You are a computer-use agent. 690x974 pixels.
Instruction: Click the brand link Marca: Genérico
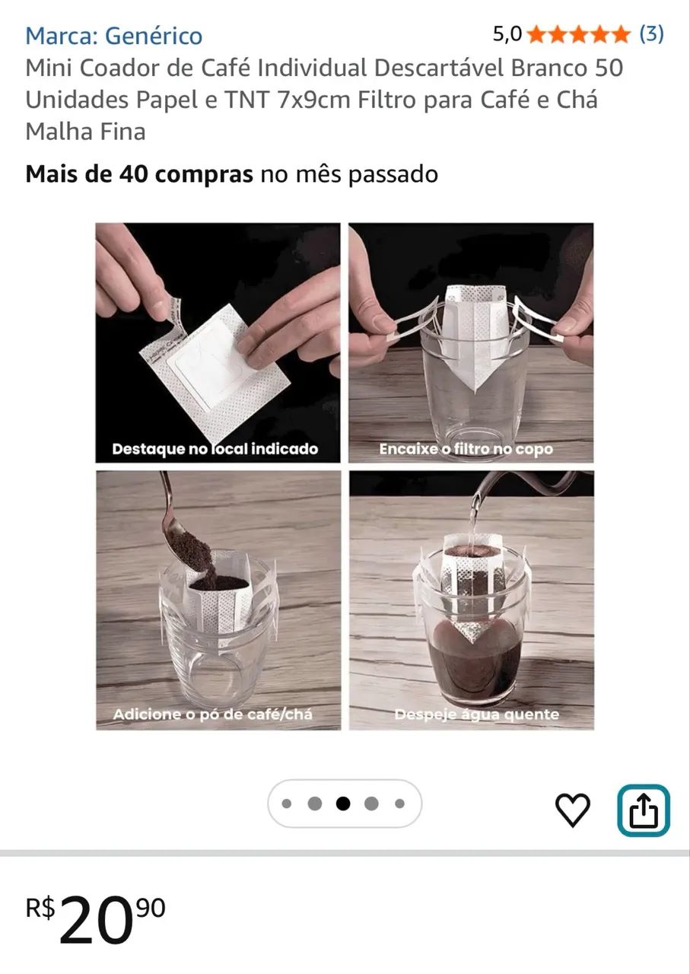[x=113, y=35]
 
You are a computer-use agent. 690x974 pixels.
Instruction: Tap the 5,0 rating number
[x=507, y=33]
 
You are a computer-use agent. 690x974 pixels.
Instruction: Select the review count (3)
[x=651, y=33]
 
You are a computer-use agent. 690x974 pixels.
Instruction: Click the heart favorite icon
[x=572, y=810]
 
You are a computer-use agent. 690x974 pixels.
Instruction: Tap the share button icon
[x=643, y=810]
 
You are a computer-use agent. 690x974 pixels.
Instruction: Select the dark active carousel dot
[x=343, y=804]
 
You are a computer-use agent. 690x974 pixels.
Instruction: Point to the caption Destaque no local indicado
[x=215, y=449]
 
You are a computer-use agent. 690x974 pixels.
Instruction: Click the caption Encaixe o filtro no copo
[x=466, y=449]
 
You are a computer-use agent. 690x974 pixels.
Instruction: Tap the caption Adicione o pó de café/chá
[x=212, y=715]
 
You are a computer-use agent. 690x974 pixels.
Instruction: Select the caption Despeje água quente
[x=476, y=715]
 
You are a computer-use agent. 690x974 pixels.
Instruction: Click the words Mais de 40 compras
[x=138, y=174]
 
